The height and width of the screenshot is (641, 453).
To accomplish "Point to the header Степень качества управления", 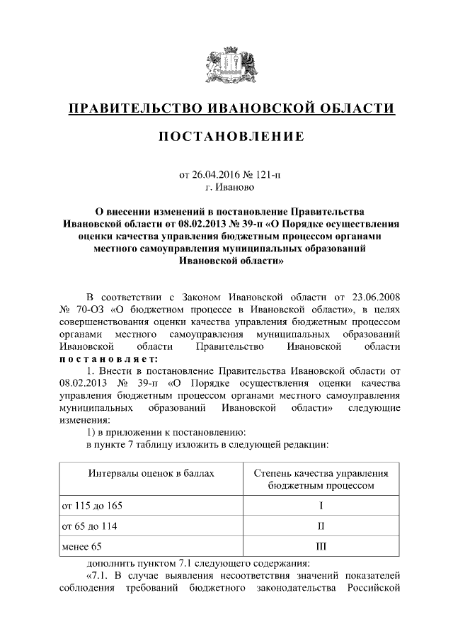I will [321, 472].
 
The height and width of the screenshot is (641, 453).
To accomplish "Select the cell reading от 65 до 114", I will [90, 526].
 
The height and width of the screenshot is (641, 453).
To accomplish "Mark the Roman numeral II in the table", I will [321, 526].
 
